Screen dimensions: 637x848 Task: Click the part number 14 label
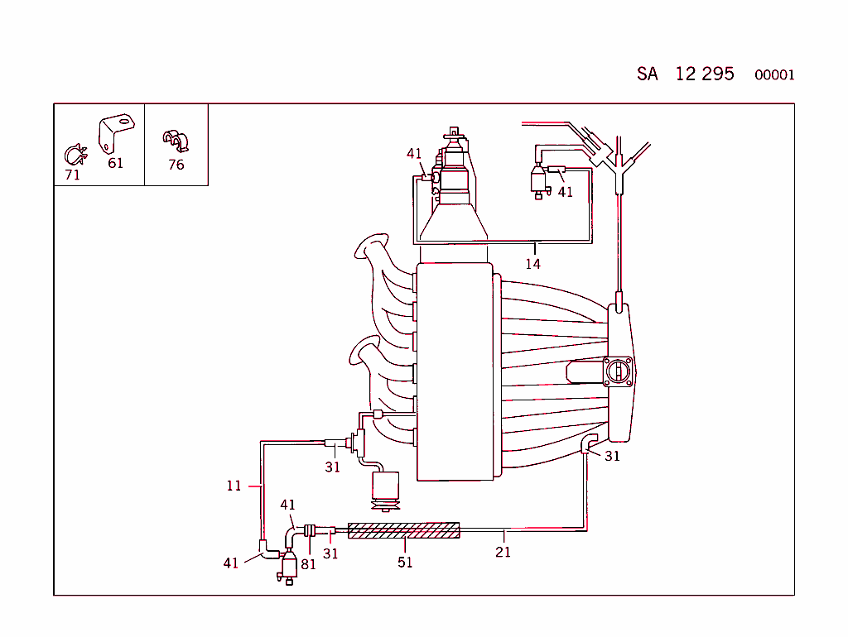[x=532, y=264]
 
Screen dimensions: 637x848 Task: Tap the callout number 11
[x=234, y=486]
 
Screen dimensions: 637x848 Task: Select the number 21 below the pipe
[x=503, y=552]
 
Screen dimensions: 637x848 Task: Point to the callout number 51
[x=405, y=563]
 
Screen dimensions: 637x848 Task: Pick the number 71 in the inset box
[x=73, y=175]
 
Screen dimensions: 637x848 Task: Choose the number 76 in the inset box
[x=176, y=165]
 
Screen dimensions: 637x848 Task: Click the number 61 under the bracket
[x=115, y=163]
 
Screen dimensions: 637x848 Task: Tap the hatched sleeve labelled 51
[x=403, y=530]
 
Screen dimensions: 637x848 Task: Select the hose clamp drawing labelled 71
[x=75, y=154]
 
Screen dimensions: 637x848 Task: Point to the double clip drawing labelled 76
[x=176, y=141]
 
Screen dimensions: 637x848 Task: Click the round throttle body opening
[x=619, y=372]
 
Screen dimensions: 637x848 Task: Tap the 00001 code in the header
[x=774, y=75]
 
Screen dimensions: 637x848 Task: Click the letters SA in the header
[x=648, y=74]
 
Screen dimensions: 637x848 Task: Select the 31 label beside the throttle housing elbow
[x=612, y=456]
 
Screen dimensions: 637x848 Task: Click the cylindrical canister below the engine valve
[x=384, y=488]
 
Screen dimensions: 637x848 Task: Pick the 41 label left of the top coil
[x=414, y=153]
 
